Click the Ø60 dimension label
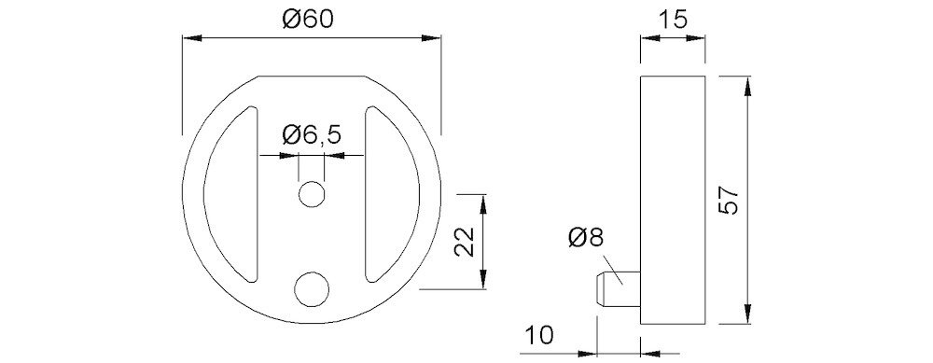click(308, 19)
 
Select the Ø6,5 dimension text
click(312, 135)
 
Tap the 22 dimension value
click(464, 242)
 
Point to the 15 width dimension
click(673, 19)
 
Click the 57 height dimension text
click(729, 200)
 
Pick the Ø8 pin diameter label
click(586, 238)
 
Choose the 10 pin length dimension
click(539, 335)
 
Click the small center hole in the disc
click(311, 194)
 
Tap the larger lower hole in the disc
click(312, 289)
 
